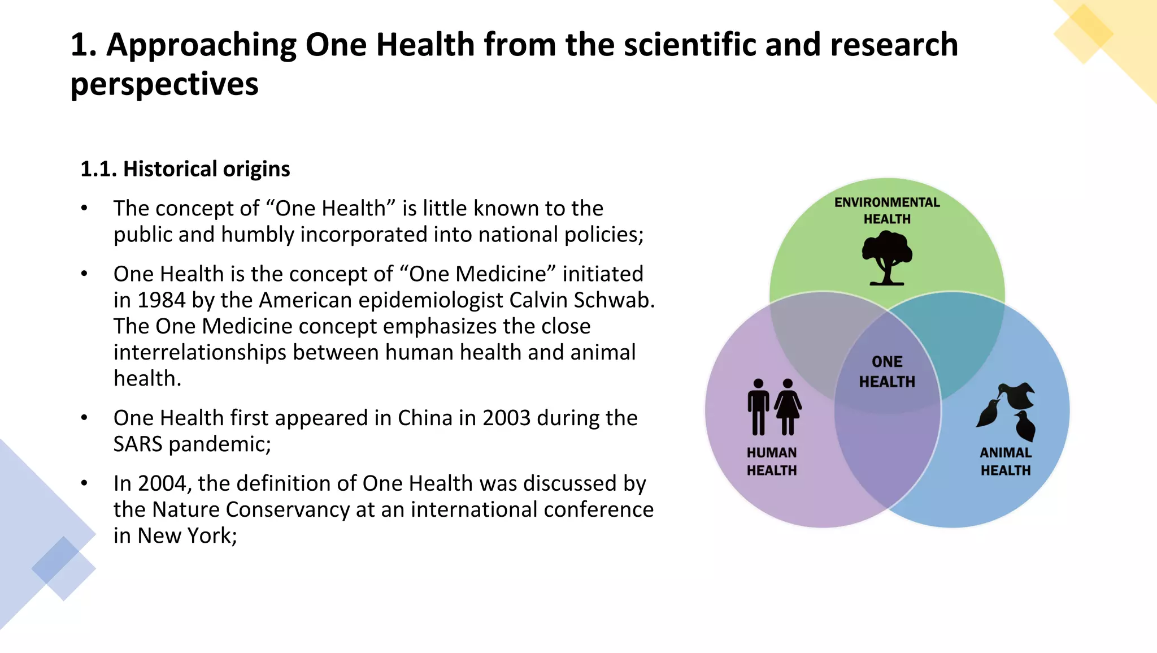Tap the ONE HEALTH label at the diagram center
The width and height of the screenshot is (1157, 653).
tap(887, 371)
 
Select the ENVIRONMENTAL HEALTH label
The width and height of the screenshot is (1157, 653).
tap(887, 210)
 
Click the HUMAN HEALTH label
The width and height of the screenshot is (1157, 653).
tap(772, 461)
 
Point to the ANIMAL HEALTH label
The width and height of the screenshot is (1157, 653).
tap(1006, 461)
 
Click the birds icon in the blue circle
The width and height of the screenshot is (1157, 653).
tap(1007, 411)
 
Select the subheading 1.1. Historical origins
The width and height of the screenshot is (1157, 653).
tap(185, 169)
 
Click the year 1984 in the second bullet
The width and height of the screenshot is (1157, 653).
tap(161, 300)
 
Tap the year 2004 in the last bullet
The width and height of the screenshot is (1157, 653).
tap(162, 484)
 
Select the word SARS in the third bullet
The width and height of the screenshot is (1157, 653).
tap(138, 444)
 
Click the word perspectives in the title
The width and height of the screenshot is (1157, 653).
tap(164, 84)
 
